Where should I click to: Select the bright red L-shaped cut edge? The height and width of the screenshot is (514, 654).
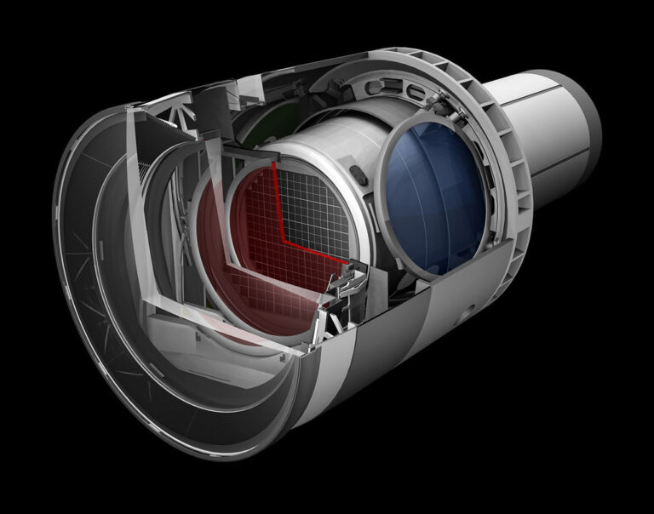[281, 204]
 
